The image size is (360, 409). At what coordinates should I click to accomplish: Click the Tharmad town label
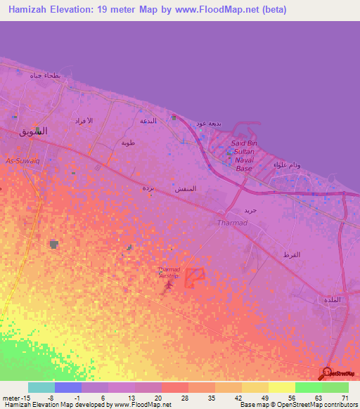coord(229,223)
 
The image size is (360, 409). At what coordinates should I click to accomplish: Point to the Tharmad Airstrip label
coord(169,272)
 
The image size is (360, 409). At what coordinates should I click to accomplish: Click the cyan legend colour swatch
coord(41,387)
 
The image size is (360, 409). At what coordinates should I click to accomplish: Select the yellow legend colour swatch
coord(282,387)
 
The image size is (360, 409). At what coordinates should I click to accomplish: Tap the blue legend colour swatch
coord(68,387)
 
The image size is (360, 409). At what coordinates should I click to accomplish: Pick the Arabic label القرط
coord(290,254)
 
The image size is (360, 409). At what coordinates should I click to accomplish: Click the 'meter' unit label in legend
coord(11,397)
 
